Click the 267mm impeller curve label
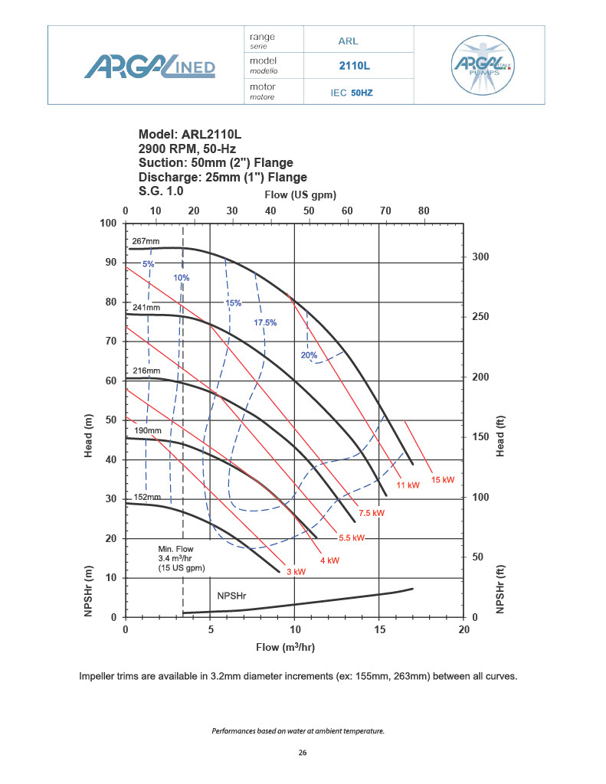(146, 241)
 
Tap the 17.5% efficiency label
(265, 322)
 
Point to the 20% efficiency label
(309, 354)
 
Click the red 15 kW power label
(443, 480)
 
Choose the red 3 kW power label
(296, 571)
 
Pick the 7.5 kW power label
(372, 512)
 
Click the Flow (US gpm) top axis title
(295, 194)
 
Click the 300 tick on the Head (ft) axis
(479, 257)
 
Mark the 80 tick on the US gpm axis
(424, 211)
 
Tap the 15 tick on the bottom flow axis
(379, 629)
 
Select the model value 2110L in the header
(354, 67)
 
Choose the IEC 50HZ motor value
(352, 93)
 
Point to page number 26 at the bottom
(303, 753)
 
